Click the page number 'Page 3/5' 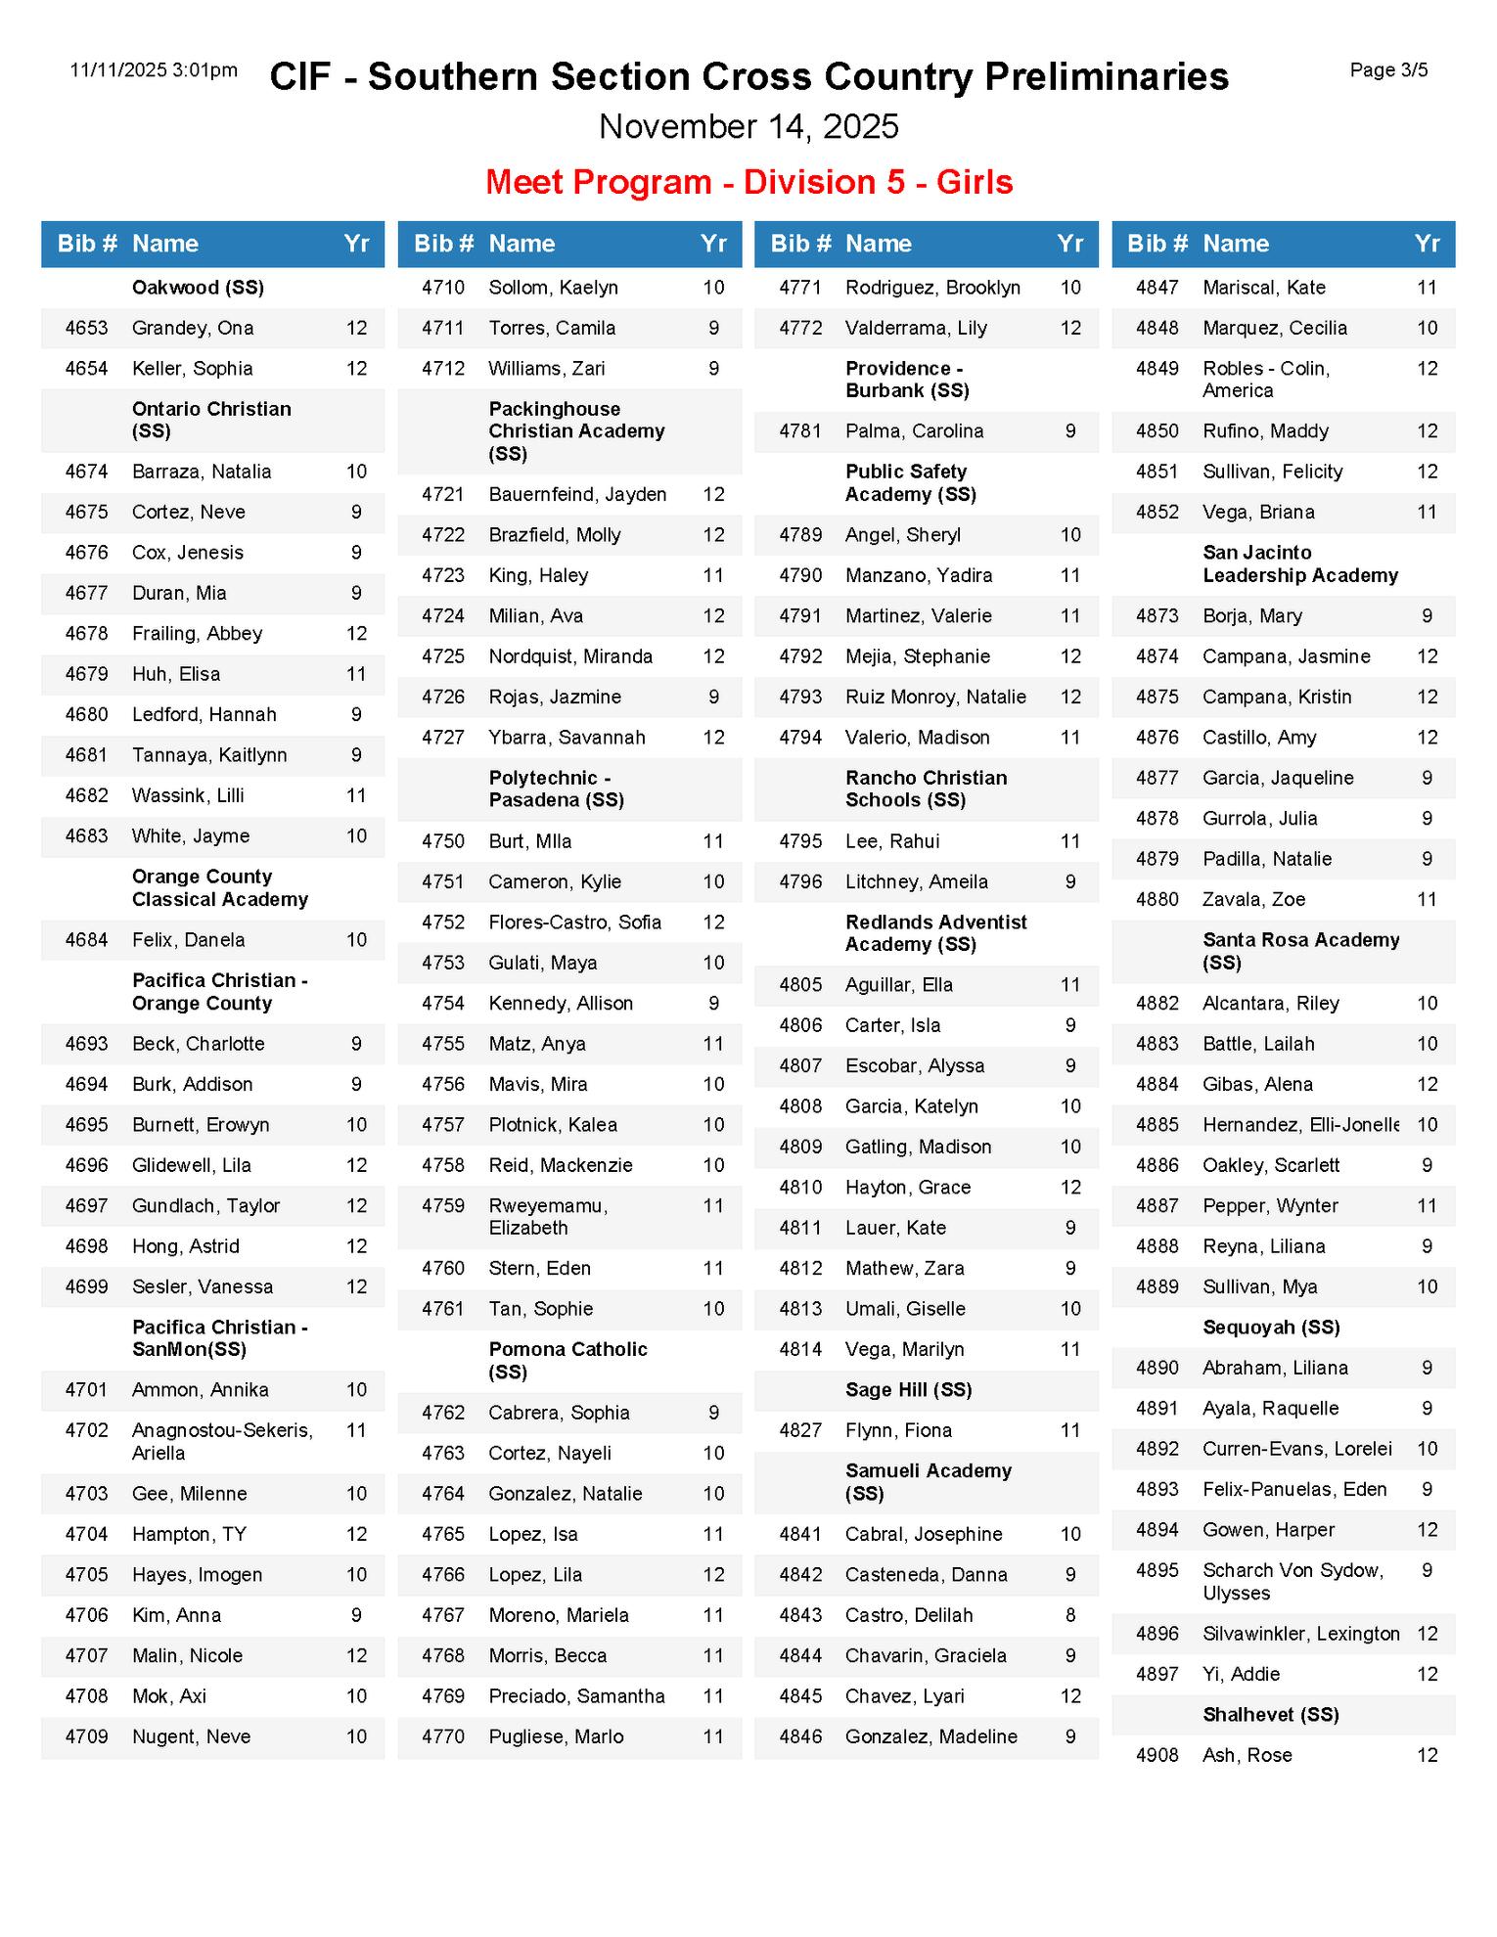coord(1387,70)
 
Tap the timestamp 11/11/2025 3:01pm coord(154,70)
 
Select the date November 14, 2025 coord(748,126)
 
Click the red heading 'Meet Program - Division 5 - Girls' coord(748,182)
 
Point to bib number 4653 coord(86,328)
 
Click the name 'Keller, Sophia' coord(192,369)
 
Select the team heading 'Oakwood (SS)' coord(198,288)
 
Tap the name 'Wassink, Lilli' coord(188,795)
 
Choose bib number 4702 coord(86,1430)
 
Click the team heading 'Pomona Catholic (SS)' coord(567,1360)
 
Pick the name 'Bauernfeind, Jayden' coord(577,495)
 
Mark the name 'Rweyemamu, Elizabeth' coord(548,1217)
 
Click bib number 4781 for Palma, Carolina coord(800,431)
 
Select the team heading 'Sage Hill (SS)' coord(908,1390)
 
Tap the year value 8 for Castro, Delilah coord(1070,1615)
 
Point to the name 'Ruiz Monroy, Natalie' coord(935,698)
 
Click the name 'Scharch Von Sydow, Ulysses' coord(1292,1581)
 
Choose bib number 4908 coord(1157,1755)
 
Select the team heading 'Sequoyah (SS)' coord(1271,1328)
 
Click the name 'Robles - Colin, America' coord(1265,380)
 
